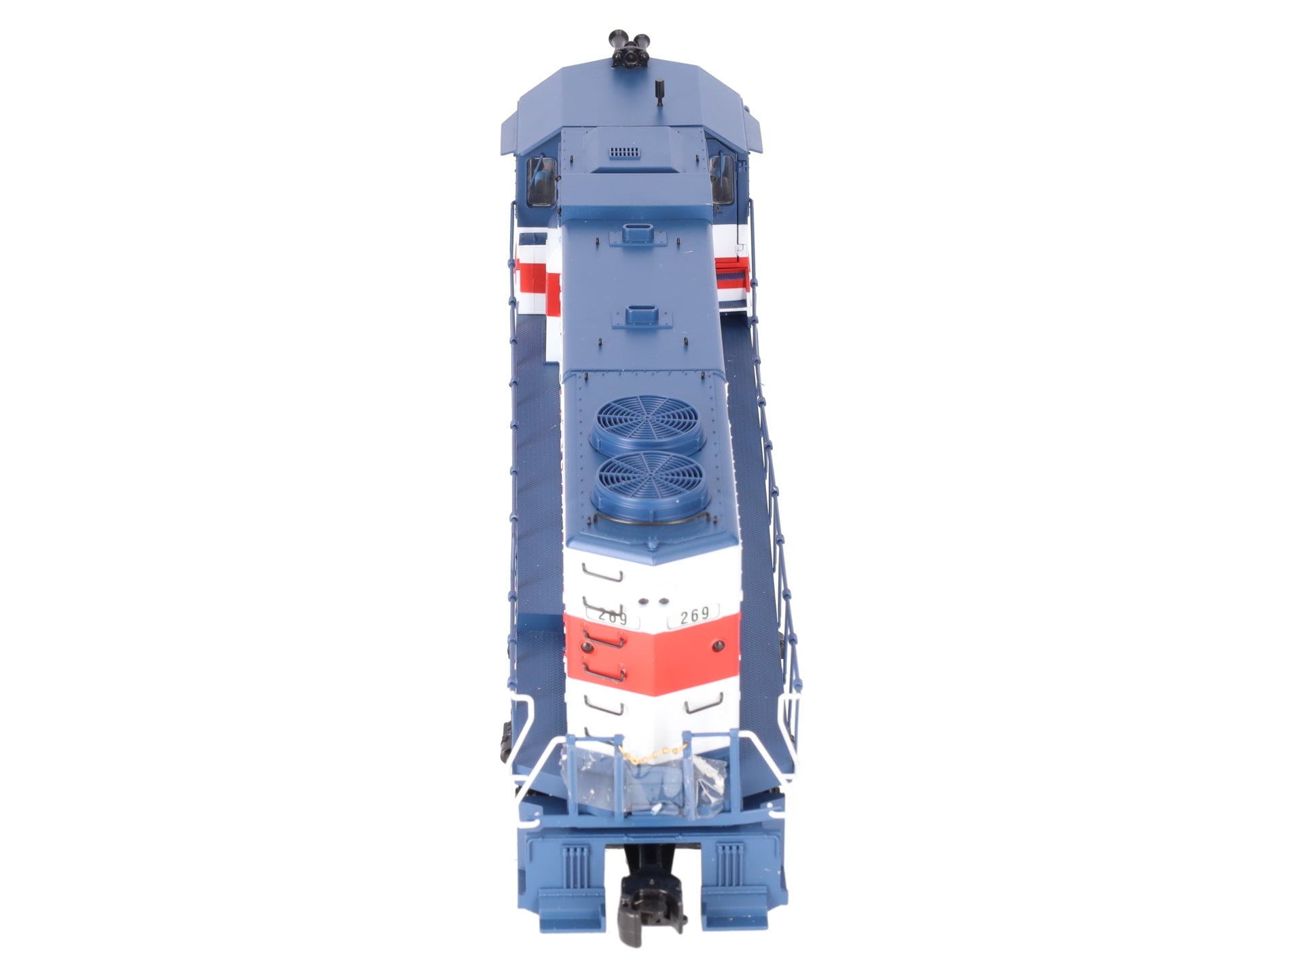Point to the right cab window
(x=722, y=177)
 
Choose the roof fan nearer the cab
(x=646, y=432)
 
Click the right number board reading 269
(x=693, y=614)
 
